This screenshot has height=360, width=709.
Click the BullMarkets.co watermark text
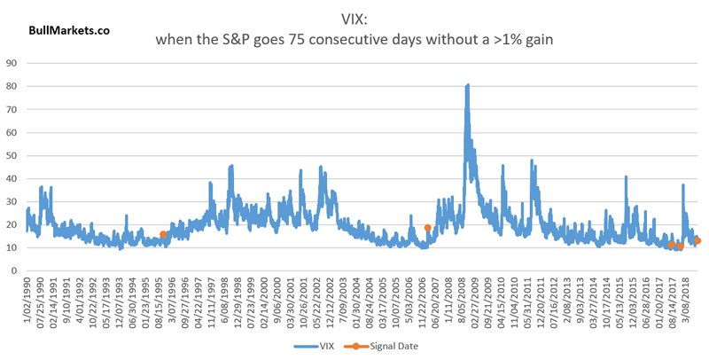coord(69,29)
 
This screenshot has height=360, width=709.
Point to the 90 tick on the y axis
coord(12,63)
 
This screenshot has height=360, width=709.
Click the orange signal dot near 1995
coord(163,234)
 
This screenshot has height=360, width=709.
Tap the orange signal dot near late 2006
coord(428,228)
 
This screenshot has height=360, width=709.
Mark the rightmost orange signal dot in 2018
coord(697,240)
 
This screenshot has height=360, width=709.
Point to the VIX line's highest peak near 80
coord(467,85)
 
